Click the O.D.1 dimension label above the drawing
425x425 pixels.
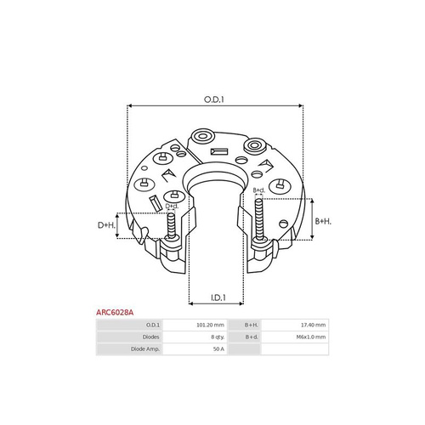214,99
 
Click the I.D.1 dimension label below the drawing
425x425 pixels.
218,297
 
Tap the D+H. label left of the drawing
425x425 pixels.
106,225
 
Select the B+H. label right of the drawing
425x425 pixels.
323,221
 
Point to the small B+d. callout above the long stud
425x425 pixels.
259,190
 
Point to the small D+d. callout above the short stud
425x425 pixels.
172,206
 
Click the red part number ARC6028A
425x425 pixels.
115,313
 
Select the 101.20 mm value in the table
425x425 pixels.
210,325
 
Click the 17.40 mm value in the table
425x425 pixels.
313,325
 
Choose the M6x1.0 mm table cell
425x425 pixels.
311,337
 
